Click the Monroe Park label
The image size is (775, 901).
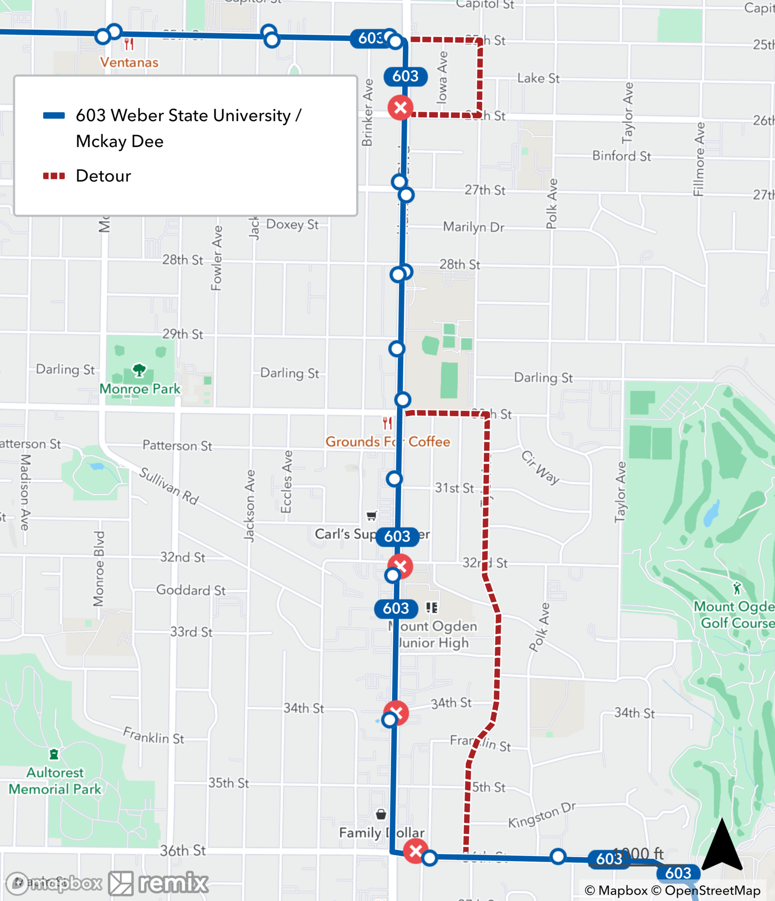click(140, 389)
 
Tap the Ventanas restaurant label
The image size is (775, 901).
click(129, 62)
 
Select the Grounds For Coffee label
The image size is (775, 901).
click(387, 441)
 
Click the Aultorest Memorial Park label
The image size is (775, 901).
click(55, 781)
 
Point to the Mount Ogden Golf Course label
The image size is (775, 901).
click(734, 615)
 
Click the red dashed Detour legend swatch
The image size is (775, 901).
click(54, 176)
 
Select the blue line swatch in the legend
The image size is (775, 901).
click(54, 115)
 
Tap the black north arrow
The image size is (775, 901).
click(722, 845)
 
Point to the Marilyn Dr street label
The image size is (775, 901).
click(474, 227)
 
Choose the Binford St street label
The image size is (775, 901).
click(621, 156)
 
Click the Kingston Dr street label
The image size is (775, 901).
click(542, 816)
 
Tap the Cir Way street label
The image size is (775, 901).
click(540, 467)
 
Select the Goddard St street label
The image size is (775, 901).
click(191, 590)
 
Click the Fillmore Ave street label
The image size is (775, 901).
click(699, 159)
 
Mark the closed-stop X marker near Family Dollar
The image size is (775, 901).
click(415, 851)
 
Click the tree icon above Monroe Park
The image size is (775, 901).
click(139, 370)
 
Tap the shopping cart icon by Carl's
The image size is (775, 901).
click(371, 516)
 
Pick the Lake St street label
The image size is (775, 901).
click(538, 78)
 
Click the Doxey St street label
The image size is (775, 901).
click(292, 224)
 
